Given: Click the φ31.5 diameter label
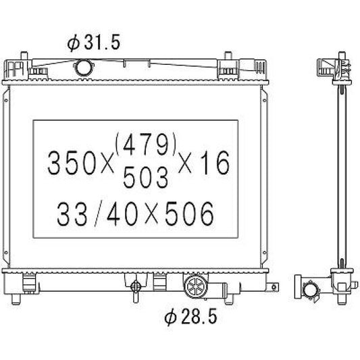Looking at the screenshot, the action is pos(94,43).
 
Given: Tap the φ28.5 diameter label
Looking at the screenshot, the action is pos(190,317).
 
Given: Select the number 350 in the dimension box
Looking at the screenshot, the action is pos(72,163).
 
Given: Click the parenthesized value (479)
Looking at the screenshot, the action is pos(146,144).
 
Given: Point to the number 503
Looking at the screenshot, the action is pos(146,177).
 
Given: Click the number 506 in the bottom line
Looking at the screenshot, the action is pos(189,213).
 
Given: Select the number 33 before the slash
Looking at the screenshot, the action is pos(72,213).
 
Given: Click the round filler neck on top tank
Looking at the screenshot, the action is pos(83,68).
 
